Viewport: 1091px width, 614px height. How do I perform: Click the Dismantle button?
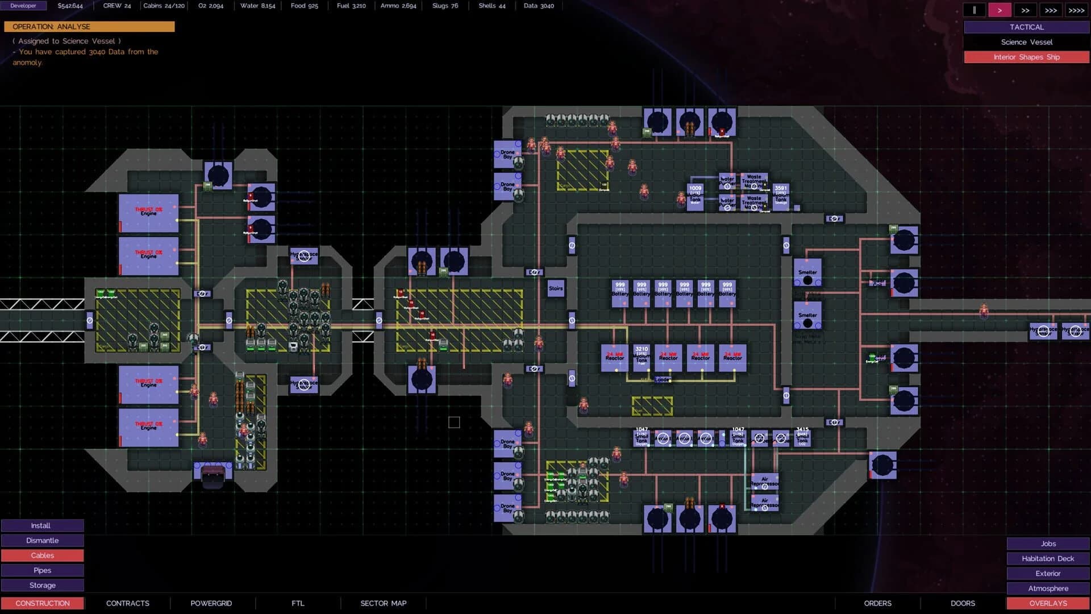pos(42,540)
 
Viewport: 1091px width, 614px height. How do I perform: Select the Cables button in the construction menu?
pos(42,555)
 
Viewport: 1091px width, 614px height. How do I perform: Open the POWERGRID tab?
pos(211,603)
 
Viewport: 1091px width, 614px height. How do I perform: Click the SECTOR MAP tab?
pos(383,603)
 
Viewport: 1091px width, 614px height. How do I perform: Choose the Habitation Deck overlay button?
pos(1047,558)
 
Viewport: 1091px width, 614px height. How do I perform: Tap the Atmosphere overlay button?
pos(1047,588)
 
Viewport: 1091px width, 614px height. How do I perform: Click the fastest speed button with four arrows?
pos(1076,10)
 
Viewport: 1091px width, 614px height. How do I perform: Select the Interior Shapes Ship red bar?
pos(1026,57)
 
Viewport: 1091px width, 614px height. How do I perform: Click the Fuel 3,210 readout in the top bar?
pos(351,6)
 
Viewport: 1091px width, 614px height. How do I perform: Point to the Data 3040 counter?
pos(538,6)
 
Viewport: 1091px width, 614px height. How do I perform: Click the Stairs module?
pos(556,289)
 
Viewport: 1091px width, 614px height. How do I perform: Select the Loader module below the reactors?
pos(663,379)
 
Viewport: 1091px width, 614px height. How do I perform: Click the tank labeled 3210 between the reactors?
pos(642,356)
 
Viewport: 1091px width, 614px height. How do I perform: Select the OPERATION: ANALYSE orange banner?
pos(89,27)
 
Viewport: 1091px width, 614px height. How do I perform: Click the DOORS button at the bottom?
pos(963,603)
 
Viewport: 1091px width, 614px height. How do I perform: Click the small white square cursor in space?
pos(454,422)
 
